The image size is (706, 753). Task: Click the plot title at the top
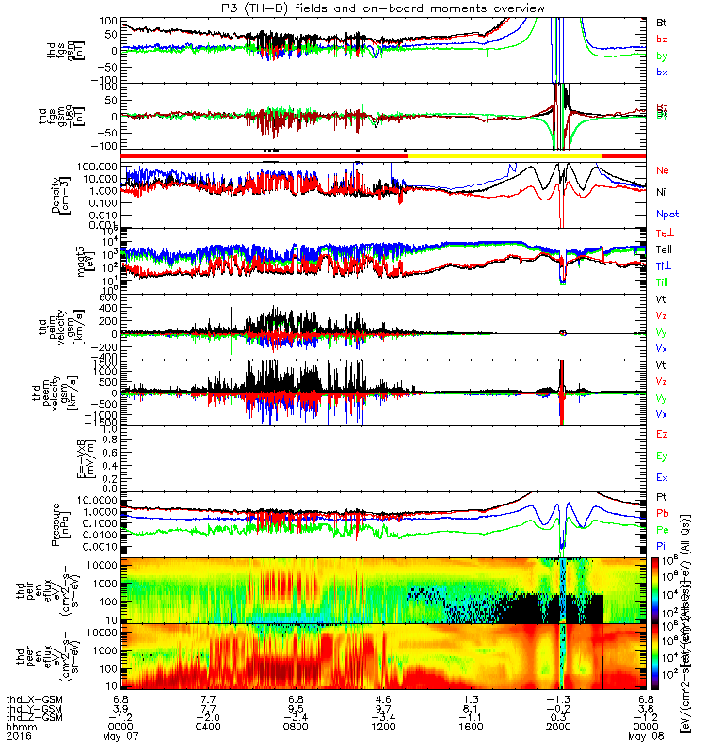(353, 8)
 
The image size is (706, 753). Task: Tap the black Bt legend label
(662, 22)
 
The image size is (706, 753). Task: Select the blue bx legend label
(662, 72)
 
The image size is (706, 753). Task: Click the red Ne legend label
(663, 170)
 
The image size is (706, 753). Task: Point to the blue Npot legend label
(666, 213)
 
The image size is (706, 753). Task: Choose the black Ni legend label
(661, 191)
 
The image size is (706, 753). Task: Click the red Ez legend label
(662, 434)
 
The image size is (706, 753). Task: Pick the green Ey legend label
(662, 456)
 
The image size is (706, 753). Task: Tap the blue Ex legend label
(662, 477)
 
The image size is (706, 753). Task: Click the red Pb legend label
(662, 513)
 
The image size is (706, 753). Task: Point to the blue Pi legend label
(662, 545)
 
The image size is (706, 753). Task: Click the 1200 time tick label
(383, 728)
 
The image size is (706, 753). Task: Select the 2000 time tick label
(558, 728)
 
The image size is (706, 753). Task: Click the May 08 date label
(646, 737)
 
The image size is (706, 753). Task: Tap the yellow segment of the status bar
(505, 154)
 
